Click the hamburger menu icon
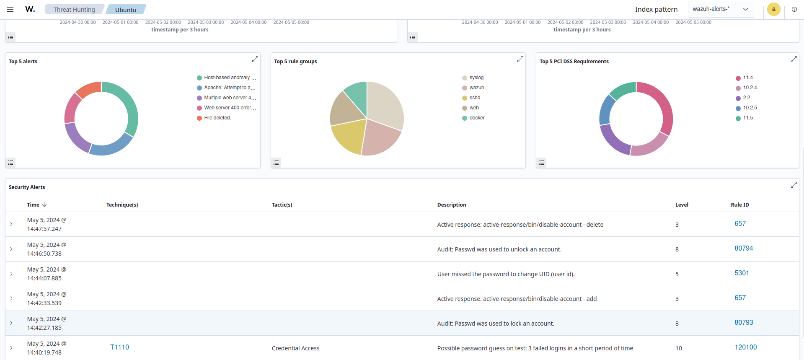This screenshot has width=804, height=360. point(10,9)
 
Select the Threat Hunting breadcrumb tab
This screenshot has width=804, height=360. point(74,10)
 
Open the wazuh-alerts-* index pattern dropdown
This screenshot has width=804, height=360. point(721,9)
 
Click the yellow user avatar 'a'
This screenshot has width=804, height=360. point(773,9)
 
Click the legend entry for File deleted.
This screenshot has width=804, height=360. point(217,118)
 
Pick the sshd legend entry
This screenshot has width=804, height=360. point(475,98)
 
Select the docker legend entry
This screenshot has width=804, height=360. point(477,118)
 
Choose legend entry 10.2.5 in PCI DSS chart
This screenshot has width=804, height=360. point(750,108)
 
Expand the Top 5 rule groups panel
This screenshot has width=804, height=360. point(520,59)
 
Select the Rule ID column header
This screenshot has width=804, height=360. point(739,205)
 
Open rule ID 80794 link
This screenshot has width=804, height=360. point(744,249)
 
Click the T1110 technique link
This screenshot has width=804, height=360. point(119,347)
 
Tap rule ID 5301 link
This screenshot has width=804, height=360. point(742,273)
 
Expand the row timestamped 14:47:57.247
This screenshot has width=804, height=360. point(11,224)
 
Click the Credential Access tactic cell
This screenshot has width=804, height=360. point(295,348)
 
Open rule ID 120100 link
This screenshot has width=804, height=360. point(746,347)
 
